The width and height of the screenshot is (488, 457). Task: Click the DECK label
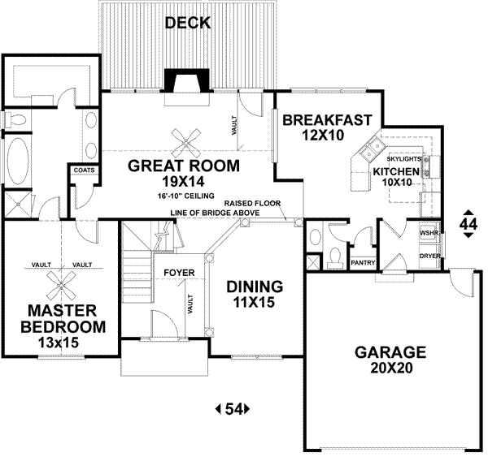pos(188,23)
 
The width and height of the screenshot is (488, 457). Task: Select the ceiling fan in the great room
pos(186,142)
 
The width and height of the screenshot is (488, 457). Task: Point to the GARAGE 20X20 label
pos(390,360)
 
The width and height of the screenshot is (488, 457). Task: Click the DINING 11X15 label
pos(254,294)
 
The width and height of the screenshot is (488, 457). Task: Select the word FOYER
pos(177,273)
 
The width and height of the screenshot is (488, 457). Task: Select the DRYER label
pos(429,256)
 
